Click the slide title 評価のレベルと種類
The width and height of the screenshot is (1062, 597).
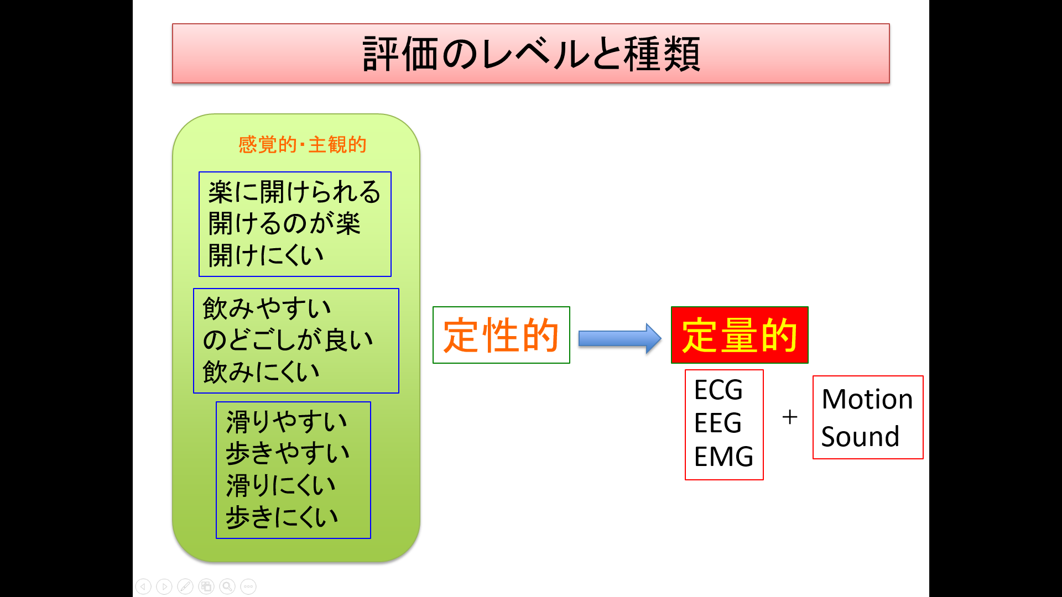coord(531,54)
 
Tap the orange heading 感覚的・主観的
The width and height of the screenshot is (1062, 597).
coord(303,144)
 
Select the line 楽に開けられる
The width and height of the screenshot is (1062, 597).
coord(294,192)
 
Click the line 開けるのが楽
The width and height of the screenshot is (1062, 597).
coord(284,224)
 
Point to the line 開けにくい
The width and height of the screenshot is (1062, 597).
coord(265,255)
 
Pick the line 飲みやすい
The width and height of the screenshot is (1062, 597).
coord(267,308)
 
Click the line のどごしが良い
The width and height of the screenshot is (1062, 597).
coord(288,340)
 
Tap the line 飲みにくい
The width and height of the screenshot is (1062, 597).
coord(261,371)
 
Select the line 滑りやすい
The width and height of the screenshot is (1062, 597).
coord(287,422)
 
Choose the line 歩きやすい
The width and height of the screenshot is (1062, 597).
coord(288,453)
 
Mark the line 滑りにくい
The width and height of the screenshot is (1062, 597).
coord(281,485)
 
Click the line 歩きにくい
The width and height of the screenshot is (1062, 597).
coord(282,517)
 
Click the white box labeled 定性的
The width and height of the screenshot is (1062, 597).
coord(501,335)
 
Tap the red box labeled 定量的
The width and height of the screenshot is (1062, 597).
coord(740,335)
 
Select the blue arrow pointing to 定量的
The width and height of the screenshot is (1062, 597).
coord(620,338)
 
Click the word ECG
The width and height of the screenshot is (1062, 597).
coord(719,390)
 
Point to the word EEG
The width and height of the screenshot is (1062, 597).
coord(718,423)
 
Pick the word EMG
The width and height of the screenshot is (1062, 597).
coord(723,457)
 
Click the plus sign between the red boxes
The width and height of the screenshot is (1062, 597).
coord(790,417)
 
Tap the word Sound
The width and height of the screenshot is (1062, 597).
coord(860,436)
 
